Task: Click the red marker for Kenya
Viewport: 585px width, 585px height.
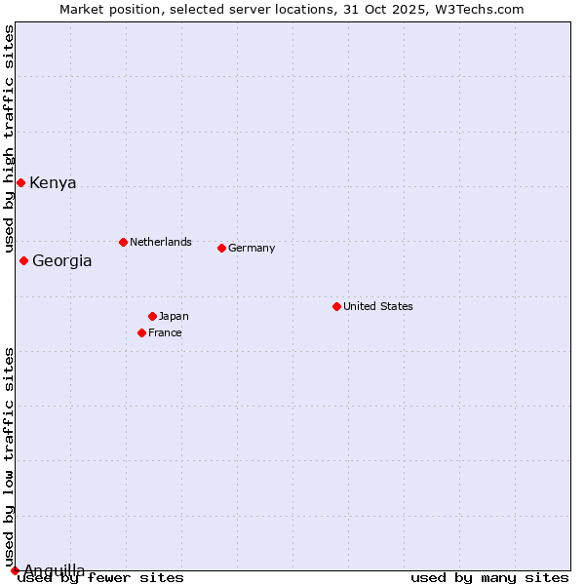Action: (20, 182)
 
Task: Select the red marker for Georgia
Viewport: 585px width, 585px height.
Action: (23, 260)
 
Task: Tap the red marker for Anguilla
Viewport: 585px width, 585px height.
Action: (15, 570)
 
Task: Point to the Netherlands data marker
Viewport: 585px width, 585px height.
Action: (123, 242)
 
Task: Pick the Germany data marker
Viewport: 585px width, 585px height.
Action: (221, 248)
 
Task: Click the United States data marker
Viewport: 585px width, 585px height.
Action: (336, 306)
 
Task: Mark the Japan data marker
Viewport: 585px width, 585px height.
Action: (152, 316)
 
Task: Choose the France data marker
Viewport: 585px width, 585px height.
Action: (141, 332)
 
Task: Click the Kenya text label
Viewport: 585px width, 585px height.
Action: (53, 183)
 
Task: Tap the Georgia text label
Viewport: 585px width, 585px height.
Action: (62, 261)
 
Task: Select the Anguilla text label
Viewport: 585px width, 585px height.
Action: (54, 570)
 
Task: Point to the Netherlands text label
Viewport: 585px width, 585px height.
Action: (161, 242)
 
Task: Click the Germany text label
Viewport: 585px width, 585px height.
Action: (252, 248)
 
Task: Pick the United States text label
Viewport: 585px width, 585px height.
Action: (378, 306)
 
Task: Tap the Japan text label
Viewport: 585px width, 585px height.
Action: (174, 316)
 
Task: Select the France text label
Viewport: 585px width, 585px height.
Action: (165, 332)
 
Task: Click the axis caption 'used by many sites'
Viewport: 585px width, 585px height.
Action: (489, 578)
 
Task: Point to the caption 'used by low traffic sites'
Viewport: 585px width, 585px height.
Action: (9, 457)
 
